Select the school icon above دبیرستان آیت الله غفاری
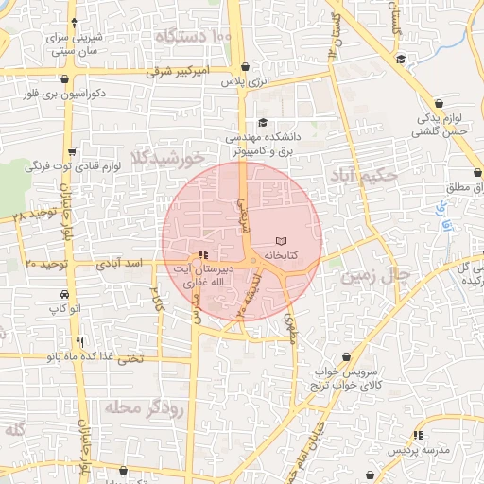pyautogui.click(x=203, y=255)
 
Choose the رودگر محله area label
pyautogui.click(x=130, y=407)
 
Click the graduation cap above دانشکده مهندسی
pyautogui.click(x=262, y=123)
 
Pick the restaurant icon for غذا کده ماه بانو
pyautogui.click(x=80, y=342)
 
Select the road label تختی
pyautogui.click(x=130, y=358)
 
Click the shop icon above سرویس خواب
pyautogui.click(x=348, y=357)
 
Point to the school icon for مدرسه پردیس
pyautogui.click(x=416, y=435)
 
